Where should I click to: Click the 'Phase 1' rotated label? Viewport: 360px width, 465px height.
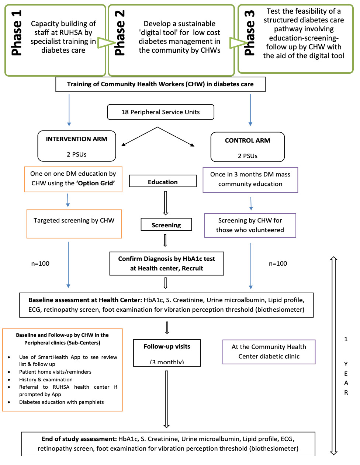coord(17,33)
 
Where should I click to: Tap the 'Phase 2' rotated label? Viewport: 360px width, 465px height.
coord(120,33)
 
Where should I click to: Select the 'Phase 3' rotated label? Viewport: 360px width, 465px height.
coord(250,33)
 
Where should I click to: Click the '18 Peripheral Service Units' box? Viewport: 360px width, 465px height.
coord(160,112)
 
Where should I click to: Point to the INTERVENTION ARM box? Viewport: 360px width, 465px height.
coord(77,146)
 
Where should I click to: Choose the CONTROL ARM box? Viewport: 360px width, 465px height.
coord(247,147)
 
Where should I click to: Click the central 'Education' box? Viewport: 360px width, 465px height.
coord(163,181)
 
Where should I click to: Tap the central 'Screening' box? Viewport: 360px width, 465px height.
coord(166,224)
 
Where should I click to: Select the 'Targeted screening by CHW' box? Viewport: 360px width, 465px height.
coord(74,224)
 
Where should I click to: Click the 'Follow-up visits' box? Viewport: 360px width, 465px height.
coord(167,353)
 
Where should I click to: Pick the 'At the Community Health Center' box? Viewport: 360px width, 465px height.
coord(269,352)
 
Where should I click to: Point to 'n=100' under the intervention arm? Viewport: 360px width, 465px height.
coord(40,263)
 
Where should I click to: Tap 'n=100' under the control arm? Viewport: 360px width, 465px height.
coord(278,263)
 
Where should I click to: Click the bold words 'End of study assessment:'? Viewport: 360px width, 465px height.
coord(79,439)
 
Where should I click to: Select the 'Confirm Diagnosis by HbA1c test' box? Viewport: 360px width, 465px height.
coord(166,263)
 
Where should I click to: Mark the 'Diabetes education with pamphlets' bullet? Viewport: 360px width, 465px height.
coord(62,402)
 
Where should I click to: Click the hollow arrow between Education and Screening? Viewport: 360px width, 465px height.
coord(166,203)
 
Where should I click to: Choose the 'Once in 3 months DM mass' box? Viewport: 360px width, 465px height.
coord(250,179)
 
